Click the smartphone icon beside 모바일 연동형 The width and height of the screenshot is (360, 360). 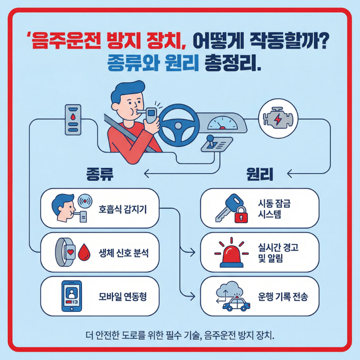click(x=72, y=297)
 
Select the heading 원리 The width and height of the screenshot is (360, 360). click(x=260, y=175)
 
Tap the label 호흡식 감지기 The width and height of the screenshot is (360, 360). click(x=122, y=208)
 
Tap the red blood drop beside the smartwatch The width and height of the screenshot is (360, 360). click(x=85, y=253)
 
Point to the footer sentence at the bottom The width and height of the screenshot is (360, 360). click(x=180, y=335)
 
